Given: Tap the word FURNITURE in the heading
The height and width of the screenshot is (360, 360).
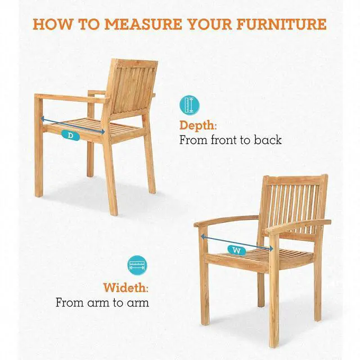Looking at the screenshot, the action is pos(281,24).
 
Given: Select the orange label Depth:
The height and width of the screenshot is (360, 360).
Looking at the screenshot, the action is pos(198,126).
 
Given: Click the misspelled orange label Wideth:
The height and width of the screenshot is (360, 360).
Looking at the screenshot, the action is pos(126,287).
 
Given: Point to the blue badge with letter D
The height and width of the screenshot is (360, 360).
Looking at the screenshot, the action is pos(70,136).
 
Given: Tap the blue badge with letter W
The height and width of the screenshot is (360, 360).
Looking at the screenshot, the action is pos(237,250).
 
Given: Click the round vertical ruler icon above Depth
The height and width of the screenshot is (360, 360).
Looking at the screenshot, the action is pos(190,105).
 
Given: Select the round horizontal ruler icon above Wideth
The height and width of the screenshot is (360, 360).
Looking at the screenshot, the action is pos(137,265).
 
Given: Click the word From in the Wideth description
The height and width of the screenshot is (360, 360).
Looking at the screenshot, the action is pos(70,303).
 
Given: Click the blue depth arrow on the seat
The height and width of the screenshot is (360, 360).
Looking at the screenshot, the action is pos(73,125).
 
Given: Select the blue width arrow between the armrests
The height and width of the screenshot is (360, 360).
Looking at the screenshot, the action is pos(237,242).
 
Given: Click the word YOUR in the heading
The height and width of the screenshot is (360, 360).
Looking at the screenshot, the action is pos(210,24).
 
